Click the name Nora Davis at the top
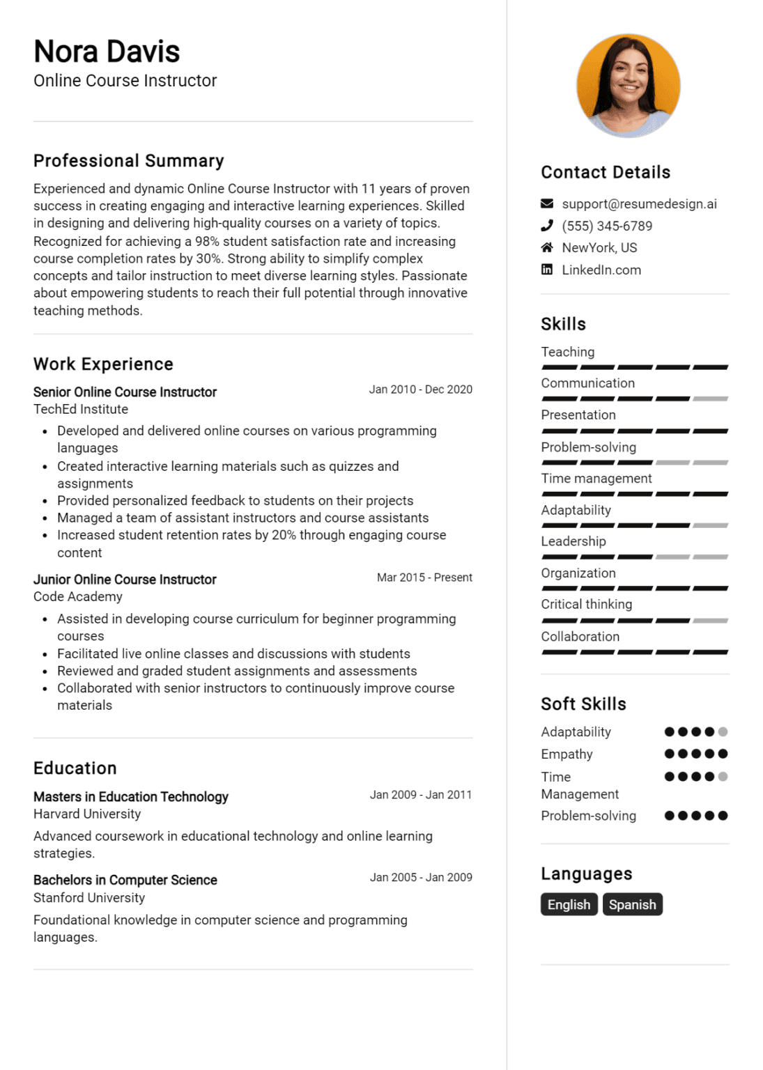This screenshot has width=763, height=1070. (x=107, y=52)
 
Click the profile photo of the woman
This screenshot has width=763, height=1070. (x=628, y=85)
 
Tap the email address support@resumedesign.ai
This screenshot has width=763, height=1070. (x=639, y=204)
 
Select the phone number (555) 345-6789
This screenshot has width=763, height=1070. (x=607, y=226)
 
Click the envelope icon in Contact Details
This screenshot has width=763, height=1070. (x=547, y=204)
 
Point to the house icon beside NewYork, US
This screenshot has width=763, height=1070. (x=547, y=248)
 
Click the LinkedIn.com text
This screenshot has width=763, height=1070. (x=601, y=270)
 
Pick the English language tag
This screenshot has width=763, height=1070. (x=569, y=904)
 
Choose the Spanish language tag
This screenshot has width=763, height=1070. (x=632, y=904)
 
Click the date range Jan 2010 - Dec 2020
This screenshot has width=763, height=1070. (x=420, y=389)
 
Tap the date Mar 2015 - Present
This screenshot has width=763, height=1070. (x=424, y=577)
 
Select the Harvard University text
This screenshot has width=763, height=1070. (x=87, y=814)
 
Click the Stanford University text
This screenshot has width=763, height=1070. (x=89, y=898)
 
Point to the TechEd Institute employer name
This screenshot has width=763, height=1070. (x=81, y=409)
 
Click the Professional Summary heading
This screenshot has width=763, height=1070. (x=129, y=161)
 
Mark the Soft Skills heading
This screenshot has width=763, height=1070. (x=583, y=704)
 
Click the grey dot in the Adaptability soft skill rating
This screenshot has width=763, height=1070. (x=723, y=731)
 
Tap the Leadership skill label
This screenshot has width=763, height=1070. (x=573, y=541)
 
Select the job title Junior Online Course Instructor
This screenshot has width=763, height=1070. (x=125, y=580)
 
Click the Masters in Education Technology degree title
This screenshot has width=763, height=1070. (x=131, y=797)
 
